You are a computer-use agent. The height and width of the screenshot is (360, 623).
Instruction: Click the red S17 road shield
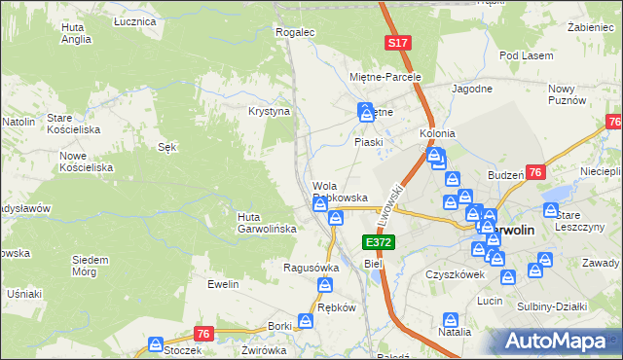(396, 44)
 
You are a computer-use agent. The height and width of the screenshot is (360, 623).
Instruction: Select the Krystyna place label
(270, 112)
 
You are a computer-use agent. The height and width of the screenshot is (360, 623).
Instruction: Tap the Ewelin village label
(223, 284)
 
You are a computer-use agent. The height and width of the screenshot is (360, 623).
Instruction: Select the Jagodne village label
(472, 89)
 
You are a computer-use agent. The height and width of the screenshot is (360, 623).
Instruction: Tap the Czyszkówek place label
(455, 274)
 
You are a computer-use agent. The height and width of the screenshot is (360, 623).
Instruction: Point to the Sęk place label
(166, 147)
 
